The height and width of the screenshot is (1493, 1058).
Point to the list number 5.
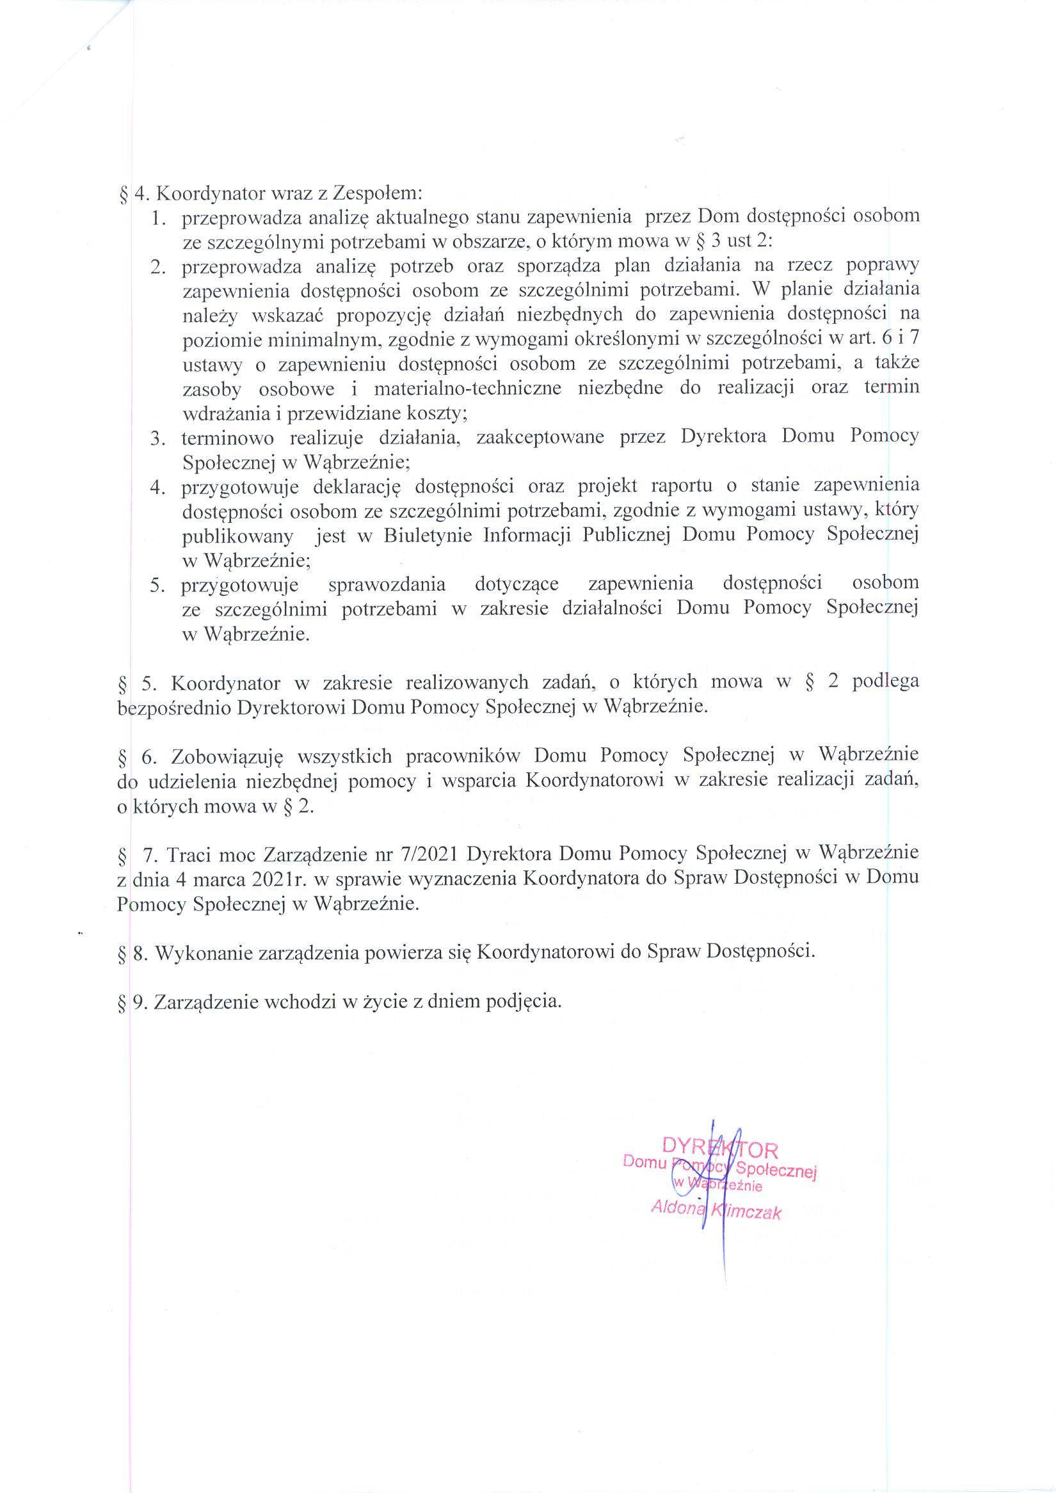coord(158,585)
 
